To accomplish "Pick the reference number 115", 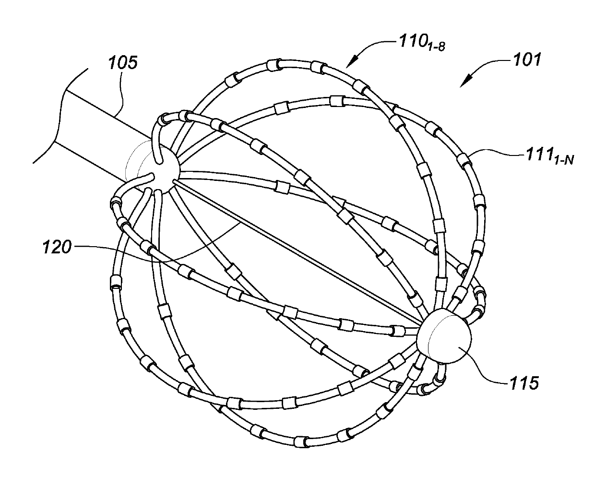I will point(520,383).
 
